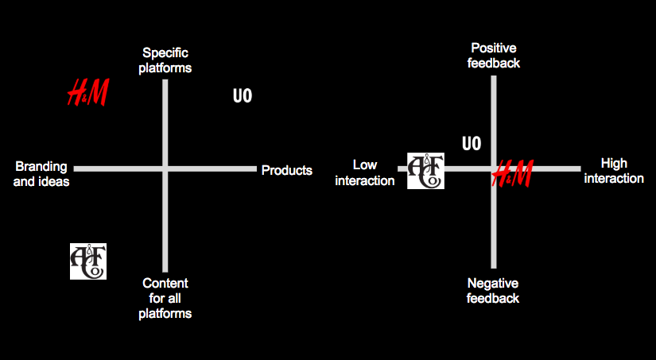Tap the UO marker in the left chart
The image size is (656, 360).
coord(243,96)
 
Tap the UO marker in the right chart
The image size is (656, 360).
coord(472,144)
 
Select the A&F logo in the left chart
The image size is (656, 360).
coord(87,261)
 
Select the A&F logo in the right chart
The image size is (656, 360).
coord(425,171)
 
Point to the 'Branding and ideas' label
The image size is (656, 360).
coord(42,174)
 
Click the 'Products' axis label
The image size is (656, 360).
coord(287,170)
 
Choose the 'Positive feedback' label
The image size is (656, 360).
coord(495,55)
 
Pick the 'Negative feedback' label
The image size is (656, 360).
coord(493,290)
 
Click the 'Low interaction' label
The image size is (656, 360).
coord(365,172)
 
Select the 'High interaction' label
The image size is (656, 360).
coord(614,171)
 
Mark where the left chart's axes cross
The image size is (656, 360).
coord(165,168)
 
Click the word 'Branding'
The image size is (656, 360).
coord(41,167)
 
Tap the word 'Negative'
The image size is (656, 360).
coord(493,283)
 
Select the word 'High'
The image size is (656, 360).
coord(614,164)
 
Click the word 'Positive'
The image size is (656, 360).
coord(495,48)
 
